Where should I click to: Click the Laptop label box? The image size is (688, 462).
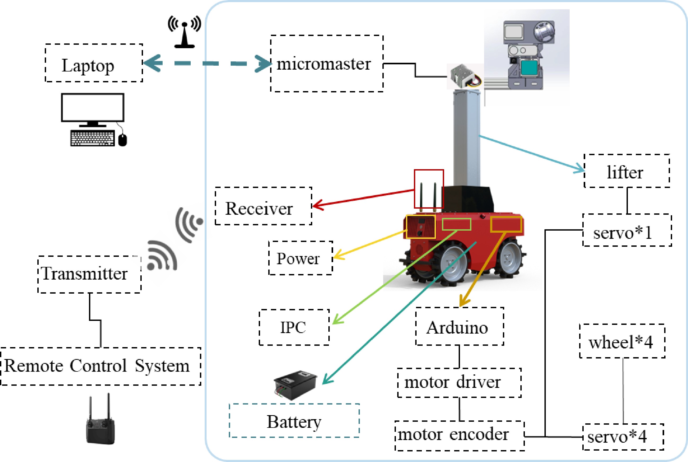pos(94,63)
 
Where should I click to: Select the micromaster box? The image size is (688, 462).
pos(327,64)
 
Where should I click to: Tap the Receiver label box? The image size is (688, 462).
pos(263,206)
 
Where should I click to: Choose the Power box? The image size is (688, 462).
pos(301,258)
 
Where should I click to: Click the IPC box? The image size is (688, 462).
pos(294,327)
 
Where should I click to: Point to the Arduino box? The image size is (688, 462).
pos(459,326)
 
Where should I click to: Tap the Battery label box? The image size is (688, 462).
pos(294,421)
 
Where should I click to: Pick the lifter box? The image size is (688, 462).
pos(627,171)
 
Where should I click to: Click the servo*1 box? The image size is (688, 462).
pos(627,230)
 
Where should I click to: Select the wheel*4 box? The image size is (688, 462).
pos(622,341)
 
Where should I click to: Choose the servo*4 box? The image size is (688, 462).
pos(623,437)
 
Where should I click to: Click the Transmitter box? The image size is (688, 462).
pos(89,274)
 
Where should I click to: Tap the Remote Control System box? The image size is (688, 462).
pos(100,366)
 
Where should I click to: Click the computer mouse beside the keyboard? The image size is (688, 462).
pos(123,140)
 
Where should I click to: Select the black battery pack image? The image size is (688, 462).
pos(295,384)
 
